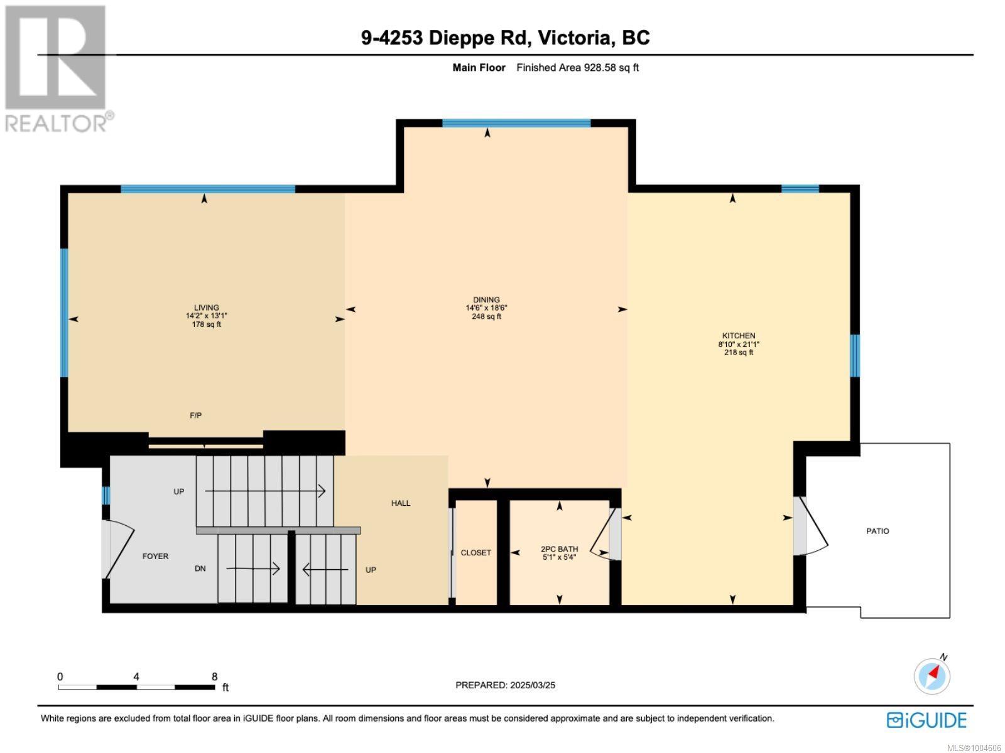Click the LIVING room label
206,307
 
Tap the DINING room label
486,300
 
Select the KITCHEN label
739,336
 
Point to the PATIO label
877,531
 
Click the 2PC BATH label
559,549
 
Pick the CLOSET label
475,553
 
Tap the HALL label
401,503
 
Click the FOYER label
155,557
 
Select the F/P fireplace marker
195,415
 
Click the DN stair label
200,569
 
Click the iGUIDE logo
926,720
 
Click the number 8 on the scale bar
214,676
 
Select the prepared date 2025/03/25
533,685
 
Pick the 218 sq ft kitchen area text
739,353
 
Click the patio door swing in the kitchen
813,526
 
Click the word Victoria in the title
575,38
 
